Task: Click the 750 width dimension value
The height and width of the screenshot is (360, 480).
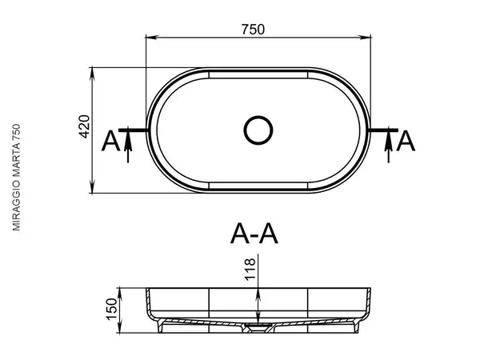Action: (x=253, y=30)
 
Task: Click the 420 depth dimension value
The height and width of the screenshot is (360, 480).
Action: (x=84, y=126)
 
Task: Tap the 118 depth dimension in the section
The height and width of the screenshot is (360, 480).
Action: (x=250, y=269)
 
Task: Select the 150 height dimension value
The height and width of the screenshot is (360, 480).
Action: (x=112, y=309)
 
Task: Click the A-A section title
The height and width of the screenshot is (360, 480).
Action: (x=254, y=234)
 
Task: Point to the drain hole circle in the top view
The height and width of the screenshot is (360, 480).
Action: (x=258, y=130)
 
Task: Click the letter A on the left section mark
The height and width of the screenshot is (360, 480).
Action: (x=110, y=141)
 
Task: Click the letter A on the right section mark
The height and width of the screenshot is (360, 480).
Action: (x=406, y=141)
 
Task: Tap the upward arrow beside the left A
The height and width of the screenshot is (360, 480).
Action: (x=128, y=146)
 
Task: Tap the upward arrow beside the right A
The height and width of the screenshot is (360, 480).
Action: (x=389, y=146)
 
